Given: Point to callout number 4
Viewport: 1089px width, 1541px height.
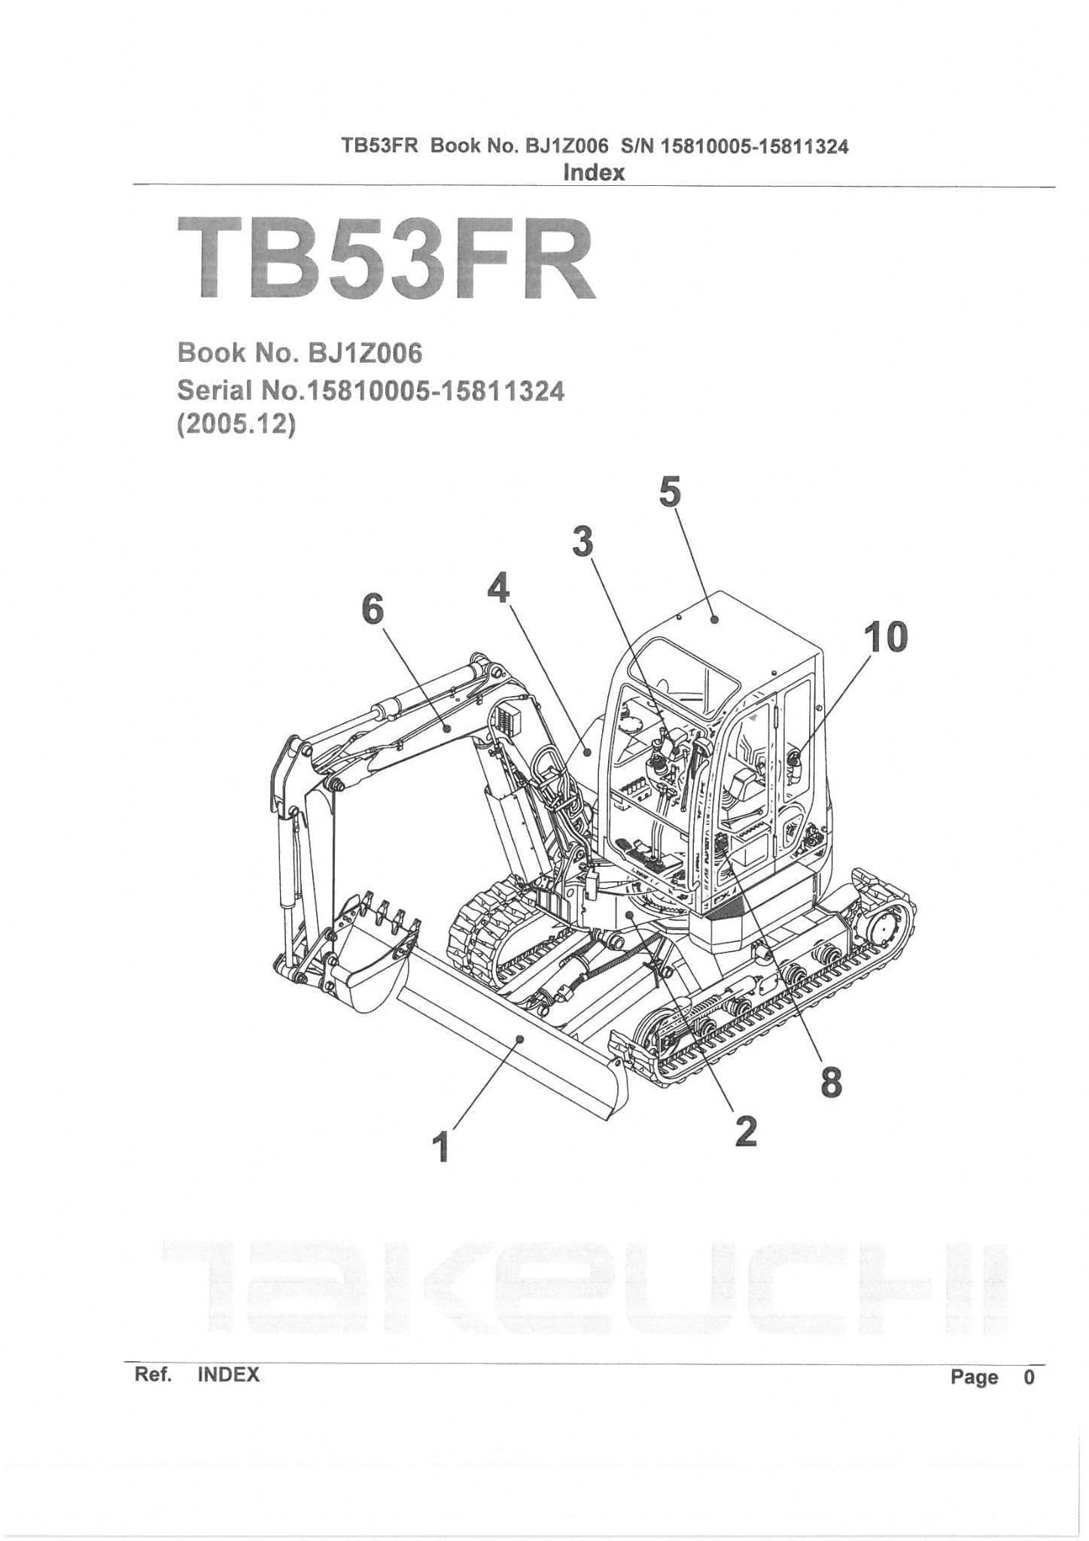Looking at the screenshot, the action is (498, 588).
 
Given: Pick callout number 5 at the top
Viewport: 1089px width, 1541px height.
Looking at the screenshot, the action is (669, 493).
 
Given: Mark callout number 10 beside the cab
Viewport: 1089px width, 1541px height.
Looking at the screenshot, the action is (886, 637).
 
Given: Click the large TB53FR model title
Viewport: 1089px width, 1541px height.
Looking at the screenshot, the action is (386, 257).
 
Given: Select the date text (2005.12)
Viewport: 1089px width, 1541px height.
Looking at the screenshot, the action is (236, 424).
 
